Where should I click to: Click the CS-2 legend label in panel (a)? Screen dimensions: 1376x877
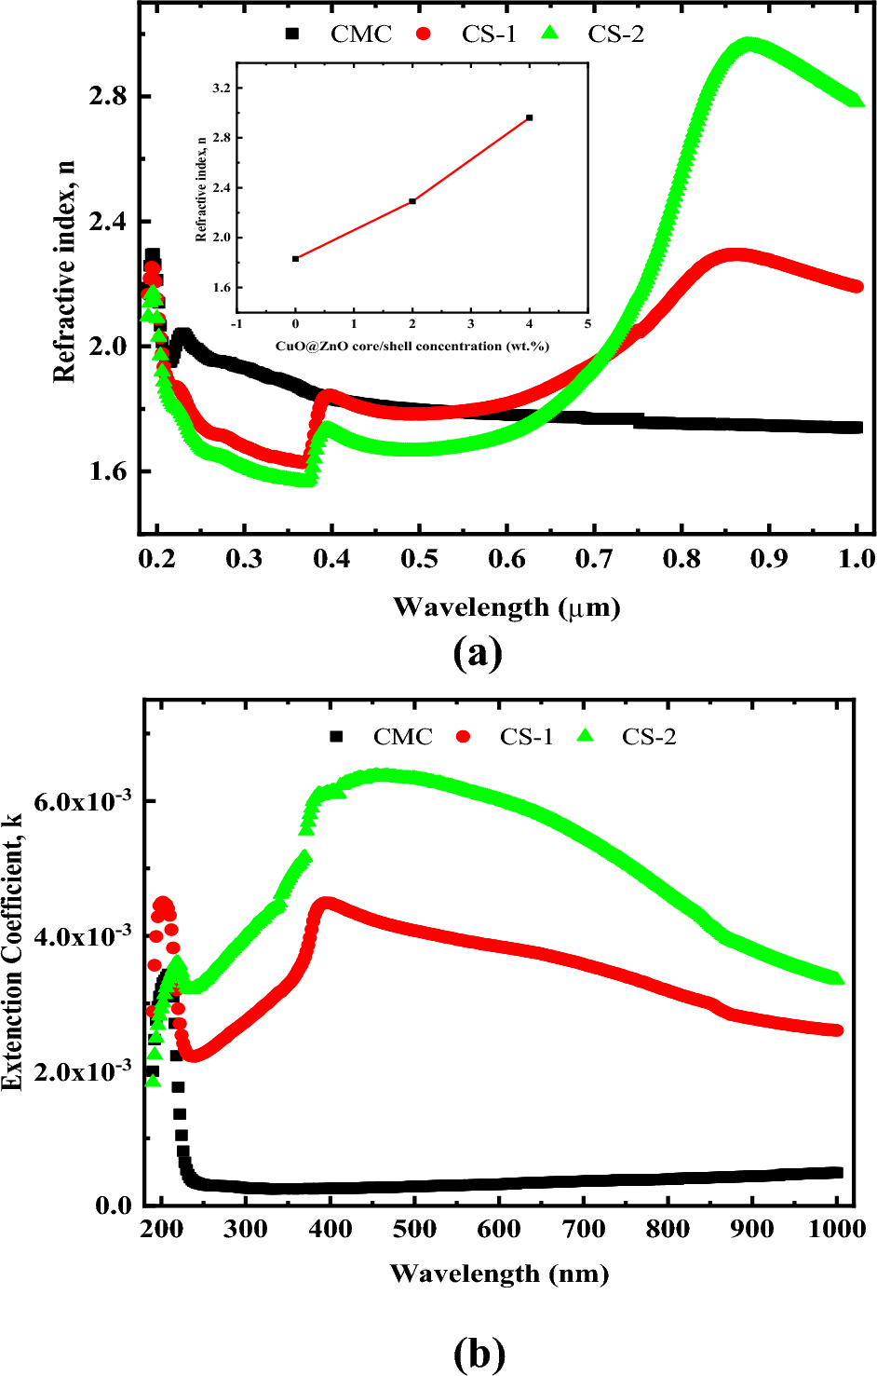(x=615, y=34)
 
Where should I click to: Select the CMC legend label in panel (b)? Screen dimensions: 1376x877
(x=402, y=737)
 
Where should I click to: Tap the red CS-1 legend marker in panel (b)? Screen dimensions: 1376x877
(x=464, y=737)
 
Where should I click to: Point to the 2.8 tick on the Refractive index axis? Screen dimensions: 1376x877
(x=108, y=97)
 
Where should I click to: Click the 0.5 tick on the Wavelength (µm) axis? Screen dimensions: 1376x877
(x=419, y=559)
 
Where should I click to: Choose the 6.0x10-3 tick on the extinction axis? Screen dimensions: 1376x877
(x=83, y=801)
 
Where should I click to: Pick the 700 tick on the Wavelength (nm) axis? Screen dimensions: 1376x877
(x=584, y=1229)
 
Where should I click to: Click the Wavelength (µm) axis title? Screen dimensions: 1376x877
(x=506, y=607)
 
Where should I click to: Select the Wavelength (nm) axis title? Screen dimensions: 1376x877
(x=499, y=1274)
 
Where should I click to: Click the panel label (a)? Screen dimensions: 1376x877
(x=478, y=653)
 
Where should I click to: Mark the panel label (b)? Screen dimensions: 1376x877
(x=479, y=1353)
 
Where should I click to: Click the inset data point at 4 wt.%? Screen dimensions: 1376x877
(x=530, y=117)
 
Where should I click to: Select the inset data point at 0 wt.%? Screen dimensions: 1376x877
(x=296, y=259)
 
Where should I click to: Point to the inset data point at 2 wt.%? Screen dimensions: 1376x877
(x=412, y=200)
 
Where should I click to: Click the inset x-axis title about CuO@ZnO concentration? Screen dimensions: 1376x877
(x=412, y=346)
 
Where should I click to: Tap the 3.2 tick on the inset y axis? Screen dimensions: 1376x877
(x=220, y=89)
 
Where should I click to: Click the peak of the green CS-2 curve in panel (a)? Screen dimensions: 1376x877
(x=749, y=44)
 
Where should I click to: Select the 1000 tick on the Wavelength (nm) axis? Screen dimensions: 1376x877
(x=837, y=1229)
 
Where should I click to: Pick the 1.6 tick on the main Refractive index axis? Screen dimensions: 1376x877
(x=108, y=471)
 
